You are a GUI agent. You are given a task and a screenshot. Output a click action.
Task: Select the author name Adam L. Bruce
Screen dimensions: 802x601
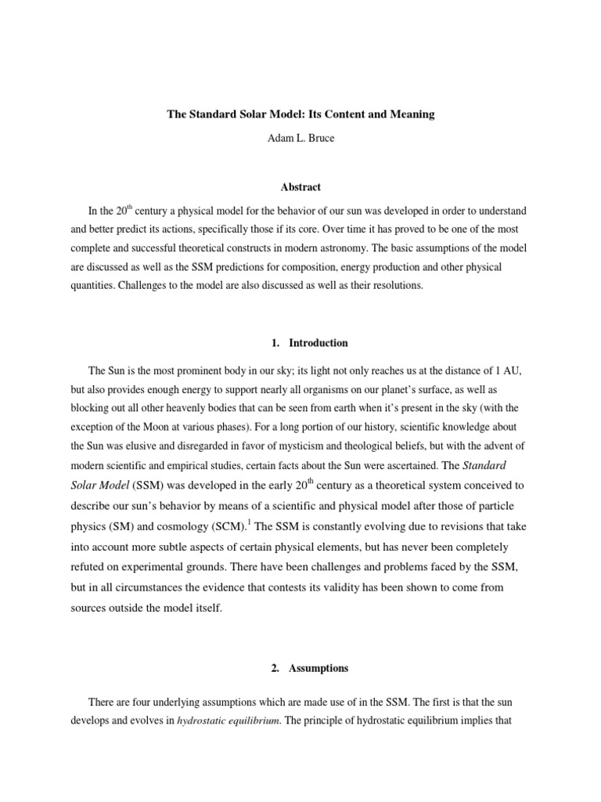click(x=300, y=139)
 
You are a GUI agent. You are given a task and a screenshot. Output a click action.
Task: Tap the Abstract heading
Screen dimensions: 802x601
click(x=300, y=187)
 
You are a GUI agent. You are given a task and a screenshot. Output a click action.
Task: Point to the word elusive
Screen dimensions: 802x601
click(x=160, y=446)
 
